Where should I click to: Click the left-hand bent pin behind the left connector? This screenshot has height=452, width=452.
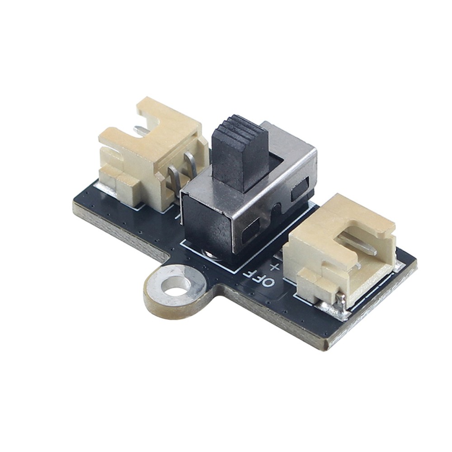click(174, 179)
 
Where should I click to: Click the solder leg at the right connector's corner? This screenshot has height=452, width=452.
click(342, 302)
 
